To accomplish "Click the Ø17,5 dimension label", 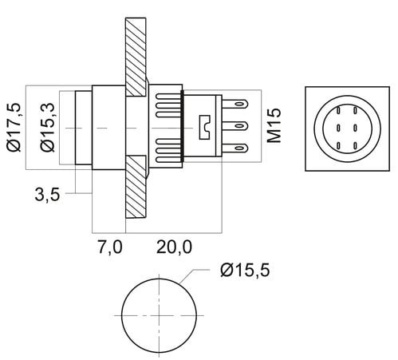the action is (14, 127).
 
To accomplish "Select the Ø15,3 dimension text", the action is (47, 127).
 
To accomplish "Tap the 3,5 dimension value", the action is (47, 195).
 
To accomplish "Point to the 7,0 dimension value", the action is (110, 247).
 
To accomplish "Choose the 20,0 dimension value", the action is (174, 247).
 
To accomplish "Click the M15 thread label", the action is (274, 125).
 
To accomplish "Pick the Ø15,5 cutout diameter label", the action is (245, 271).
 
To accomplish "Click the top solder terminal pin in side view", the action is (235, 104).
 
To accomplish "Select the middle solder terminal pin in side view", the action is (235, 125).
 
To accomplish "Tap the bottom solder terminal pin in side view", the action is (235, 148).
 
